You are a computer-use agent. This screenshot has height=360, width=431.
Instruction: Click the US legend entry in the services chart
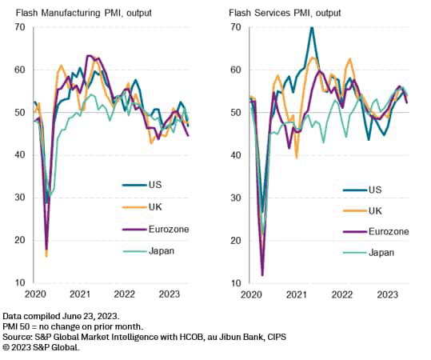(374, 190)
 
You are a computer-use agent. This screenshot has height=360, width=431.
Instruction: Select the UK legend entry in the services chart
(374, 210)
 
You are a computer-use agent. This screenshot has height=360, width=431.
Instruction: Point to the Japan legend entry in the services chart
(381, 252)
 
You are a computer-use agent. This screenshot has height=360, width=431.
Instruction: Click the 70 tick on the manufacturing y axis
(18, 27)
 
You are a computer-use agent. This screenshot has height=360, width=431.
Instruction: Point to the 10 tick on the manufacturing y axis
(18, 283)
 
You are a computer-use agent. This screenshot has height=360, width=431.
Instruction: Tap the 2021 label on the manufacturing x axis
(80, 294)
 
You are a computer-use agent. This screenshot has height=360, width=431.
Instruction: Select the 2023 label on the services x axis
(387, 294)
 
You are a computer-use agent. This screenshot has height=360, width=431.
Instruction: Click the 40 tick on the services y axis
(235, 155)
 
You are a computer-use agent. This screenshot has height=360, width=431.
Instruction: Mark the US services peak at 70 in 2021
(311, 28)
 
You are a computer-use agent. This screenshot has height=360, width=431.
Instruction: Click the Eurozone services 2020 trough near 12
(263, 274)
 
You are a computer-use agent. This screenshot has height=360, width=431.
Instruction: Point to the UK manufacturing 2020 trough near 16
(46, 256)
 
